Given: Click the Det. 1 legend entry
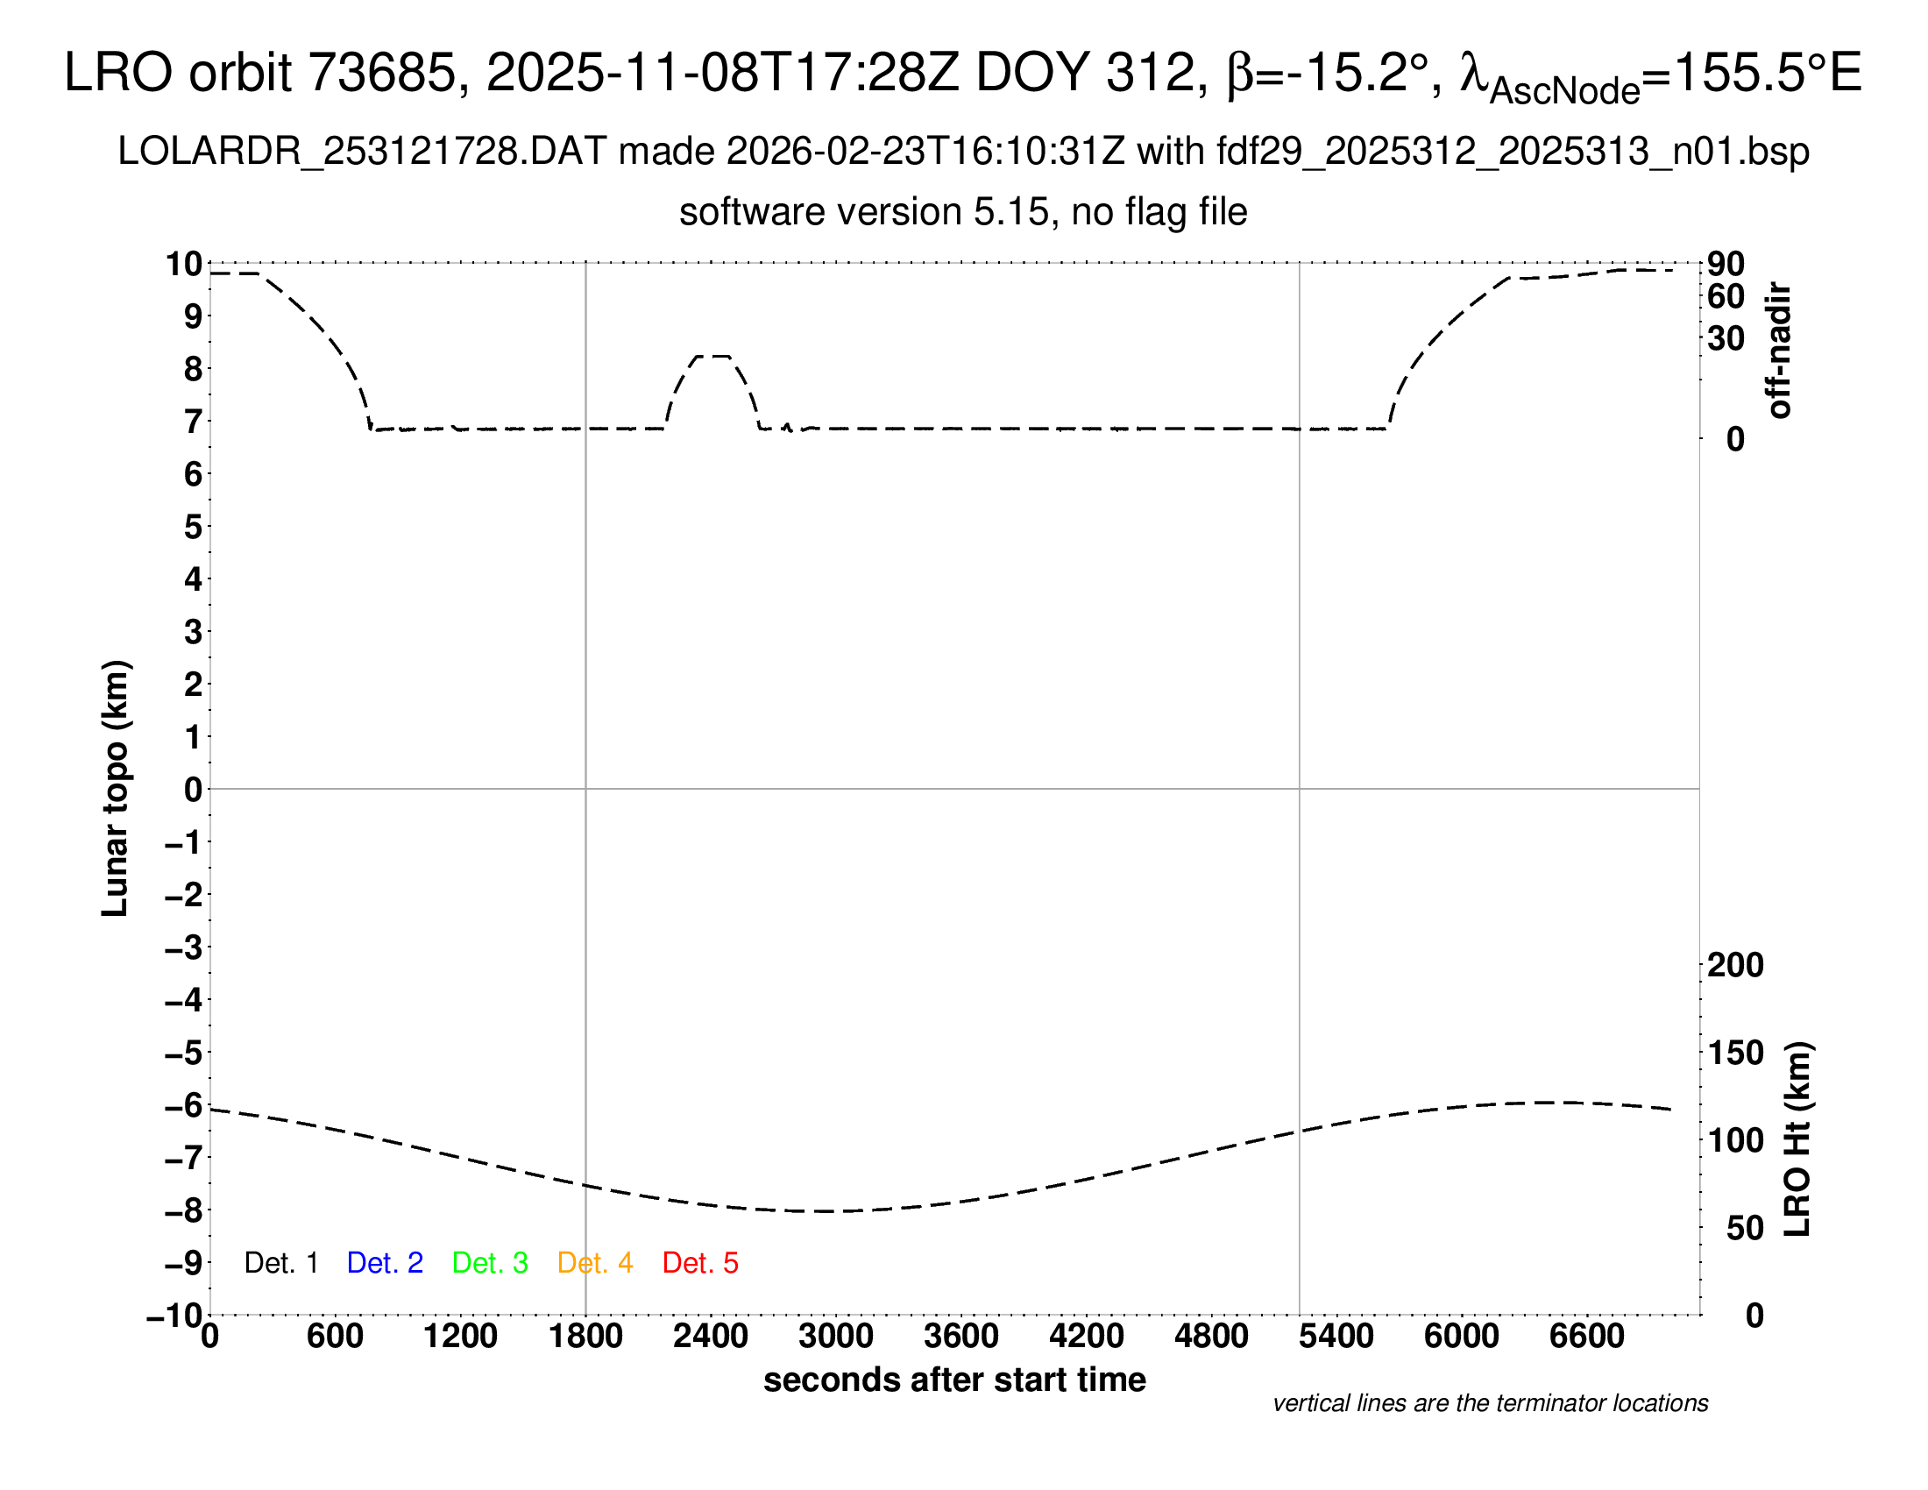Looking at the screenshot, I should [280, 1263].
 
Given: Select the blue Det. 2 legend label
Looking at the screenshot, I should [385, 1263].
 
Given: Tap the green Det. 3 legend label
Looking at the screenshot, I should [490, 1263].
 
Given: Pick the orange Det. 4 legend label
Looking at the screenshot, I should [595, 1263].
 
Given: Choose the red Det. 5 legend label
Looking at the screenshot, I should [700, 1263].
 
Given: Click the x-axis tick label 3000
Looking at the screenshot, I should [835, 1337].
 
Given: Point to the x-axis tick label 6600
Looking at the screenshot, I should [1586, 1337].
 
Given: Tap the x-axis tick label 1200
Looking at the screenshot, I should [460, 1337].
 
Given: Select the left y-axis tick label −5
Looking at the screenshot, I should [184, 1053].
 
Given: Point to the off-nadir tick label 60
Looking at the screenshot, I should [1726, 297].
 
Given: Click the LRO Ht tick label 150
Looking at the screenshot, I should [1735, 1053].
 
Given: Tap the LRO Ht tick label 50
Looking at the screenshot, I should [1745, 1228].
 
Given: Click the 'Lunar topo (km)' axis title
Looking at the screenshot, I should [116, 788].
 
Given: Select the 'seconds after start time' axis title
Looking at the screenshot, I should [954, 1380].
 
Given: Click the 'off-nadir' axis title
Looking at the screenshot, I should [1779, 351].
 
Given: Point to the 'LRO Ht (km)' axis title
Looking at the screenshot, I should [1797, 1139].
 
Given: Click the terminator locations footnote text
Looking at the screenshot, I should [1490, 1403].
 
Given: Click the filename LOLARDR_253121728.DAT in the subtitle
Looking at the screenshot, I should [362, 152].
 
